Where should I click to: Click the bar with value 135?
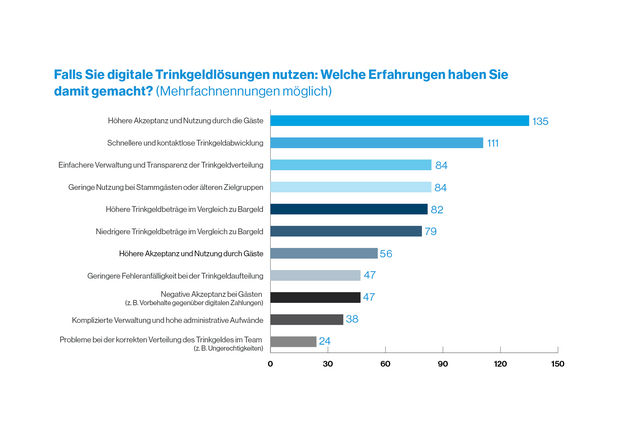coord(399,121)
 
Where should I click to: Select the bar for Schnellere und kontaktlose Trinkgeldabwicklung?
coord(376,143)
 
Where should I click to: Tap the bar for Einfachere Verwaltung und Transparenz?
coord(350,165)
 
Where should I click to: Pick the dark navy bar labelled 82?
coord(348,209)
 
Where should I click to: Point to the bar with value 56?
coord(323,253)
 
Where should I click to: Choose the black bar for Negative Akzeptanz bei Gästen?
coord(315,297)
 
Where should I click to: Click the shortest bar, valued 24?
coord(293,341)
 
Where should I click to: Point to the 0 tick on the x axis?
coord(270,364)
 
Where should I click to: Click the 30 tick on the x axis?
coord(327,364)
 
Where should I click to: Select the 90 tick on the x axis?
coord(443,364)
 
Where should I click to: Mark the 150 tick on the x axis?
coord(558,364)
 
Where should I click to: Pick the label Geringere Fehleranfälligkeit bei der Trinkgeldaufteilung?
coord(186,275)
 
